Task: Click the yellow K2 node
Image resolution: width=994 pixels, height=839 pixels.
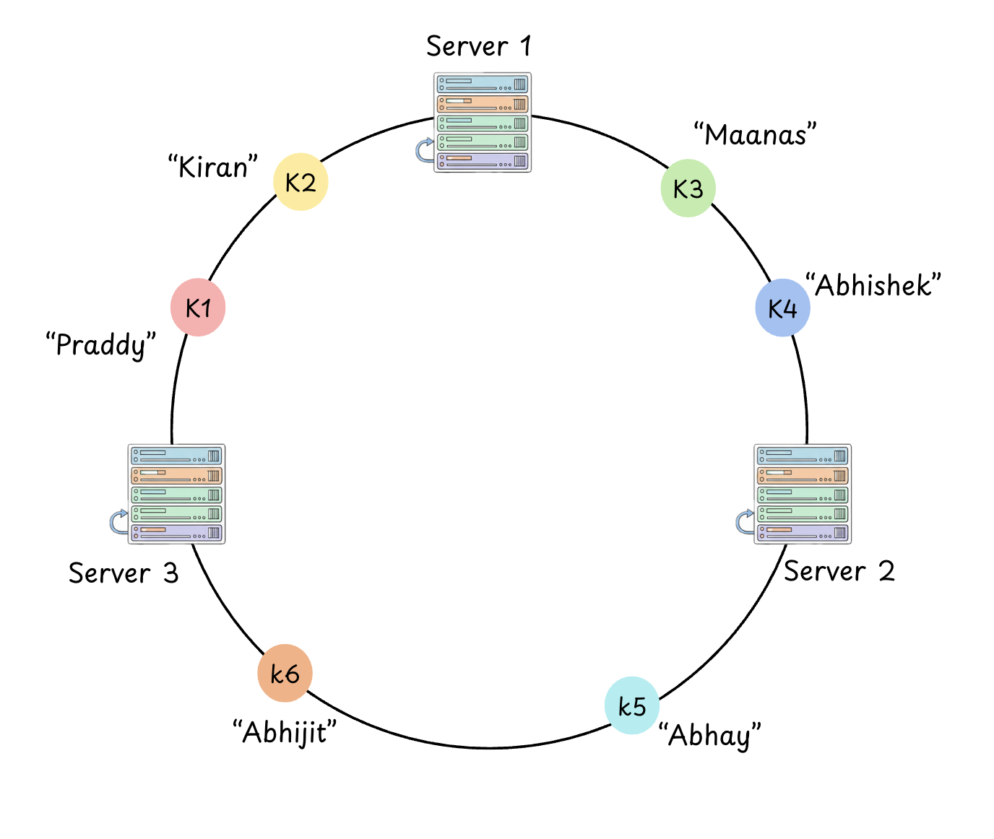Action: (301, 182)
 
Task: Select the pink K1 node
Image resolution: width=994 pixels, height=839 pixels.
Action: (198, 308)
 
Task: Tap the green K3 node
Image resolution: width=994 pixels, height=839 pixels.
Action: (688, 188)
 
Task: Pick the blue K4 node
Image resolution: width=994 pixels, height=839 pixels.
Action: (782, 308)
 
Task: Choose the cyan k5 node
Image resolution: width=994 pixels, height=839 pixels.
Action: (632, 705)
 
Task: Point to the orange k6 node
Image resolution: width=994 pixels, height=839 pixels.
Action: (285, 673)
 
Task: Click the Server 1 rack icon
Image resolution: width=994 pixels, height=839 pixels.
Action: (483, 122)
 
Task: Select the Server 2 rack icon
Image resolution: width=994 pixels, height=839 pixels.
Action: (803, 494)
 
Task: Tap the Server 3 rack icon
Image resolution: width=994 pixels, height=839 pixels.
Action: (177, 494)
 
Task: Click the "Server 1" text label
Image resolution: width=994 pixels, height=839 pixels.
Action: (478, 46)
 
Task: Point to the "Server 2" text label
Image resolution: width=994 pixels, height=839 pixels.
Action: (839, 571)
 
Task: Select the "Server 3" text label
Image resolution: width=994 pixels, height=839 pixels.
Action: (124, 573)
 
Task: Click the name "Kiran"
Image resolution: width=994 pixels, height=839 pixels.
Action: (213, 167)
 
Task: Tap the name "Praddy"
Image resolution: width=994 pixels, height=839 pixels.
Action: (101, 344)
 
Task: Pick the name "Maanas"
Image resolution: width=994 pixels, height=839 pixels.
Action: (755, 135)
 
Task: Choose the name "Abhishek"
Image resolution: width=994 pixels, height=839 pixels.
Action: (873, 286)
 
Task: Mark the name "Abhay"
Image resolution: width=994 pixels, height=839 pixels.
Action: (710, 736)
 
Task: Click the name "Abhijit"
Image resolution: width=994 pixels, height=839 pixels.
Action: (285, 732)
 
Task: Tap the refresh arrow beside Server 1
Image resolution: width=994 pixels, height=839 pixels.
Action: (424, 150)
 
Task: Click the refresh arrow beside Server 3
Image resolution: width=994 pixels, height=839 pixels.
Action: (118, 521)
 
